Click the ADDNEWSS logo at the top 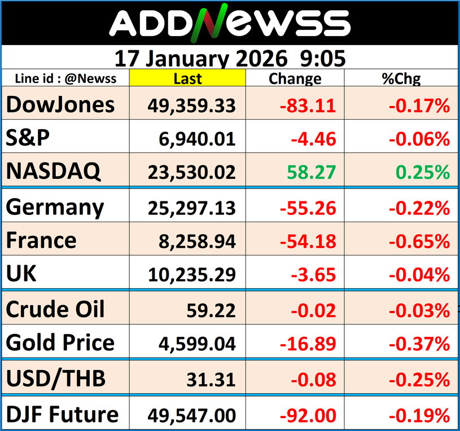(230, 24)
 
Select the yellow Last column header (187, 78)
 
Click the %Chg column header (401, 78)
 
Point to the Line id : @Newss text (66, 78)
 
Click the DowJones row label (60, 105)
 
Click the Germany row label (55, 207)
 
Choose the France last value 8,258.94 (198, 241)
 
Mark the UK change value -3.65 (314, 275)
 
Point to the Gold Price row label (60, 342)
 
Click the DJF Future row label (63, 415)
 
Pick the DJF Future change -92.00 (308, 416)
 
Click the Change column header (295, 78)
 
